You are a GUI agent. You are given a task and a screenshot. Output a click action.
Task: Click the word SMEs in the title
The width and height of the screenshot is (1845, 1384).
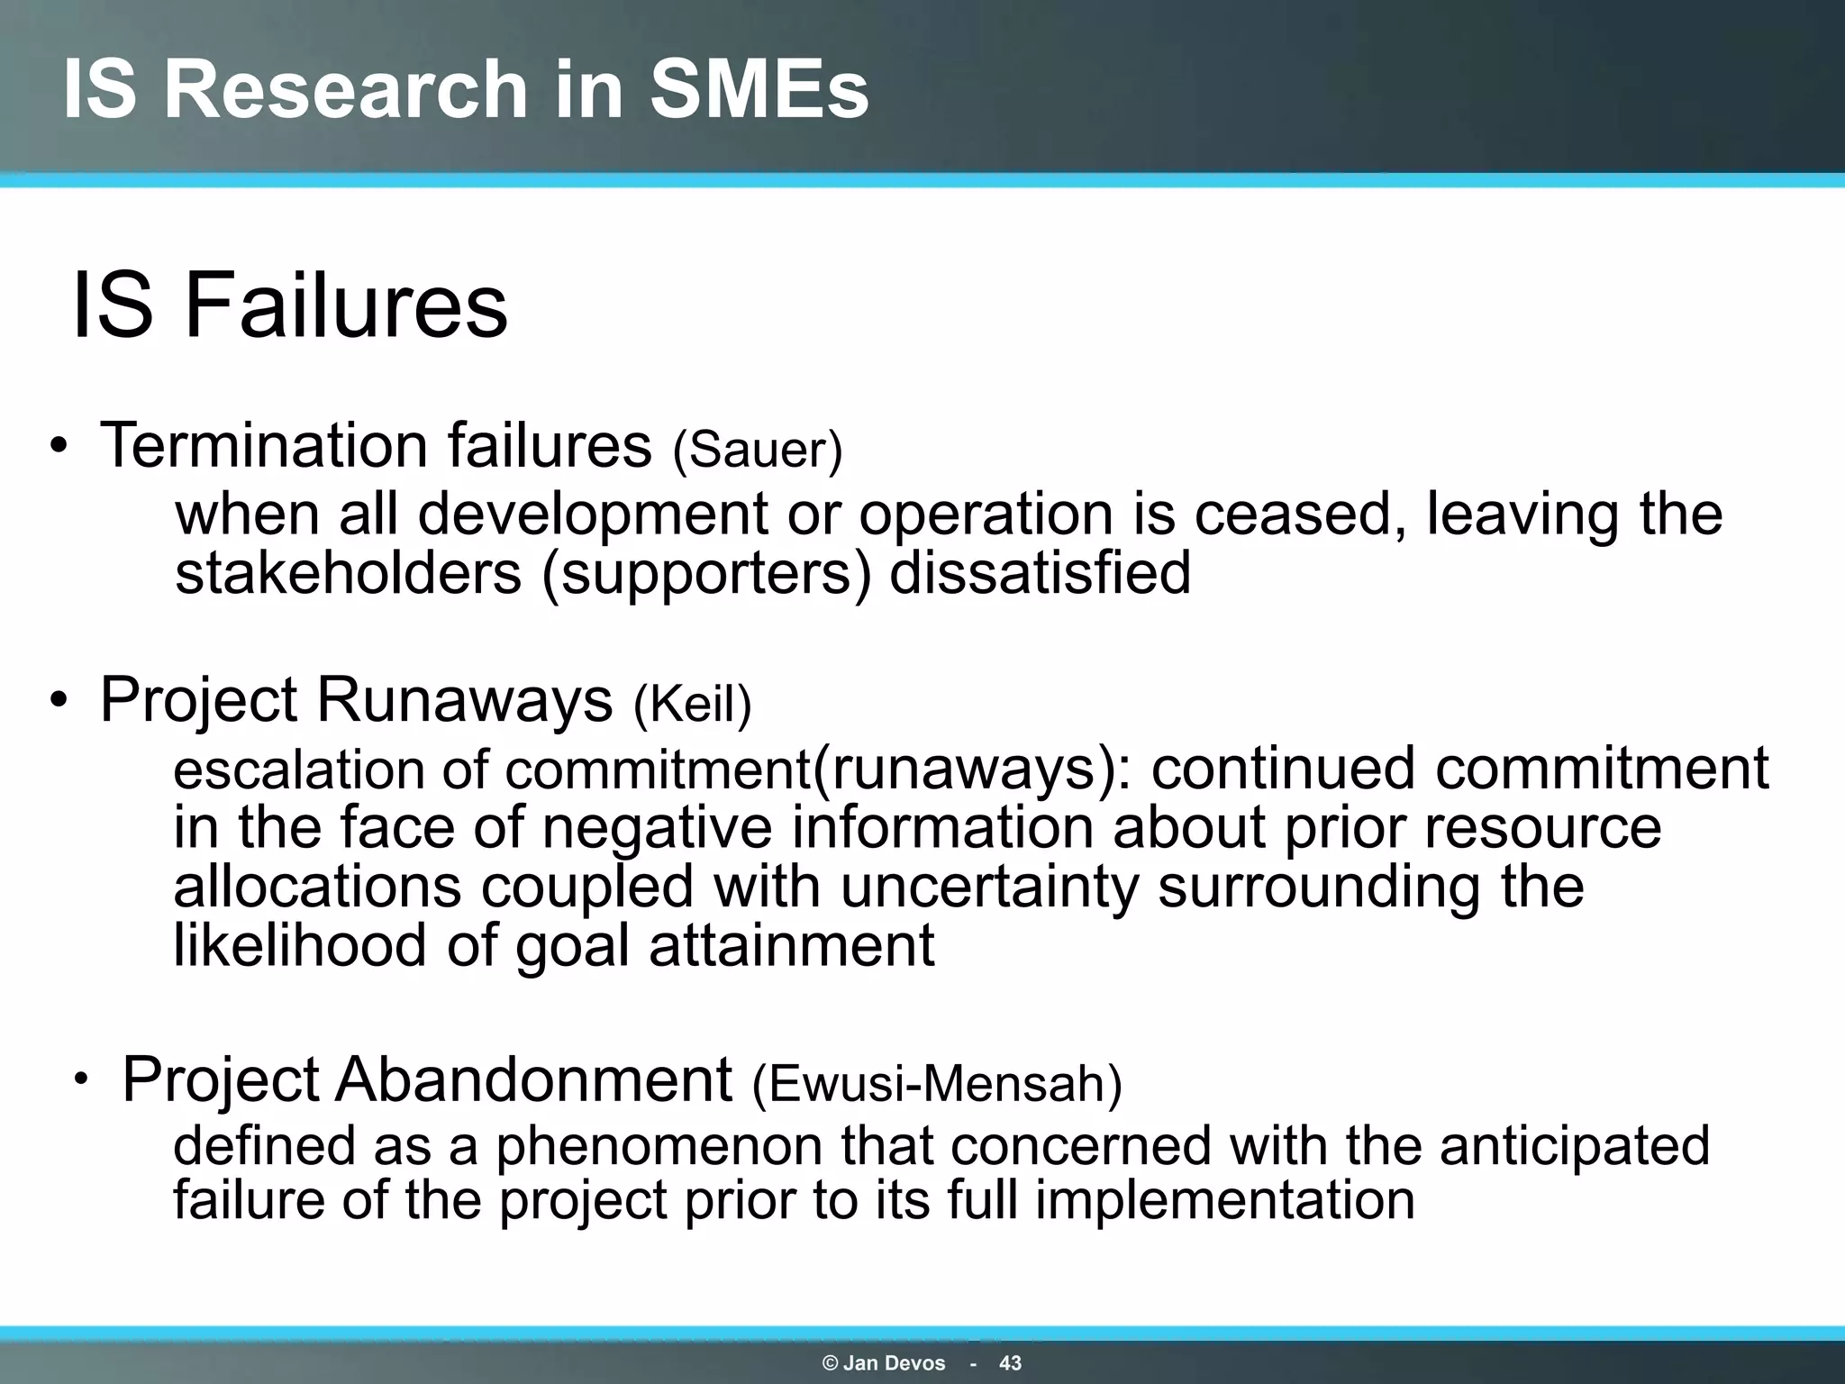pyautogui.click(x=759, y=89)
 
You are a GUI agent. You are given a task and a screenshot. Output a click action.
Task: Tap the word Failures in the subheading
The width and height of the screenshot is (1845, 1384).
pyautogui.click(x=346, y=306)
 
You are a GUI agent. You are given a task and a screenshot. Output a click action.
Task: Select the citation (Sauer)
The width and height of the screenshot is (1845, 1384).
pyautogui.click(x=758, y=450)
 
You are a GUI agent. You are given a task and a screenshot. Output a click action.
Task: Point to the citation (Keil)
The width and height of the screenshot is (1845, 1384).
pyautogui.click(x=692, y=704)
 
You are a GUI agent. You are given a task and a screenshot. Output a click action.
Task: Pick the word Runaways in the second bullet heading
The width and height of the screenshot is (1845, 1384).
pyautogui.click(x=464, y=700)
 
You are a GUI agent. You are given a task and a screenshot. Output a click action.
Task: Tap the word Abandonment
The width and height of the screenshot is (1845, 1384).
pyautogui.click(x=533, y=1079)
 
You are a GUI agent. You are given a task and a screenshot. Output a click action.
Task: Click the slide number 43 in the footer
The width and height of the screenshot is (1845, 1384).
pyautogui.click(x=1010, y=1363)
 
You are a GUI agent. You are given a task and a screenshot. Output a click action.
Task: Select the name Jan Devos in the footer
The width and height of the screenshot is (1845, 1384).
pyautogui.click(x=894, y=1363)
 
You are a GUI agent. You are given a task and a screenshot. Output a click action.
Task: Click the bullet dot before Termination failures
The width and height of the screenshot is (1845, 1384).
pyautogui.click(x=59, y=448)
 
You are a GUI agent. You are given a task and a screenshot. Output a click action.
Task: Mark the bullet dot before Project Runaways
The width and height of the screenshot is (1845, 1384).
pyautogui.click(x=59, y=702)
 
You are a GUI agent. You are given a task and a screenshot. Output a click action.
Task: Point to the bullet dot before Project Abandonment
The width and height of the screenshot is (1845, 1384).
pyautogui.click(x=82, y=1079)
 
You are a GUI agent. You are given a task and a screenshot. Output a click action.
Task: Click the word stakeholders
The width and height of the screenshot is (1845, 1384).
pyautogui.click(x=348, y=573)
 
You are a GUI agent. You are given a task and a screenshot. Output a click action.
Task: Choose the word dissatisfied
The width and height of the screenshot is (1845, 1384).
pyautogui.click(x=1040, y=573)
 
